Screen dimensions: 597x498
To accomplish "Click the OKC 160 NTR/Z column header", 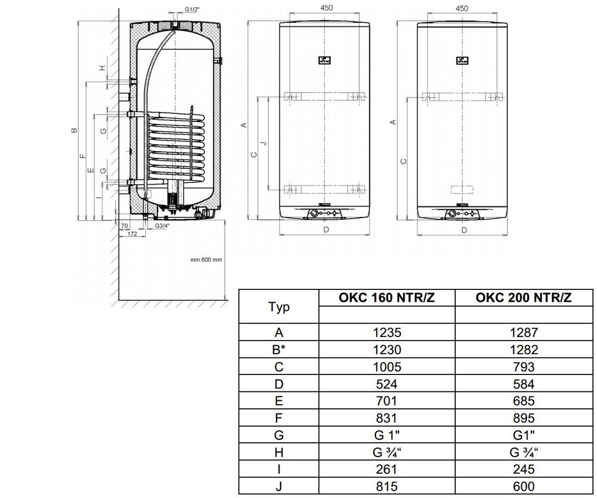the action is click(x=387, y=298).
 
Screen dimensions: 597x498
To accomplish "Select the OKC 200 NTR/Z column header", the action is click(x=523, y=298).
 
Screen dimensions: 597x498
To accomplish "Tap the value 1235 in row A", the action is click(x=387, y=332).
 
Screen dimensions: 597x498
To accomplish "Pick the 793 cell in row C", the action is click(x=524, y=367).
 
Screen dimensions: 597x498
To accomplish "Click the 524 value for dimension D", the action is click(x=387, y=384).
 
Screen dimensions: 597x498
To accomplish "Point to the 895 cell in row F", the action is click(x=524, y=418).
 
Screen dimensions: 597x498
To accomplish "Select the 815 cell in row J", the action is click(x=387, y=487).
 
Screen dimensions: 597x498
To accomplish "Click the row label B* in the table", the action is click(x=279, y=350).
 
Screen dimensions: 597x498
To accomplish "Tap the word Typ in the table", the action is click(x=279, y=307).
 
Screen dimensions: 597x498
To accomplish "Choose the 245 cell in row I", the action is click(x=524, y=470).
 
